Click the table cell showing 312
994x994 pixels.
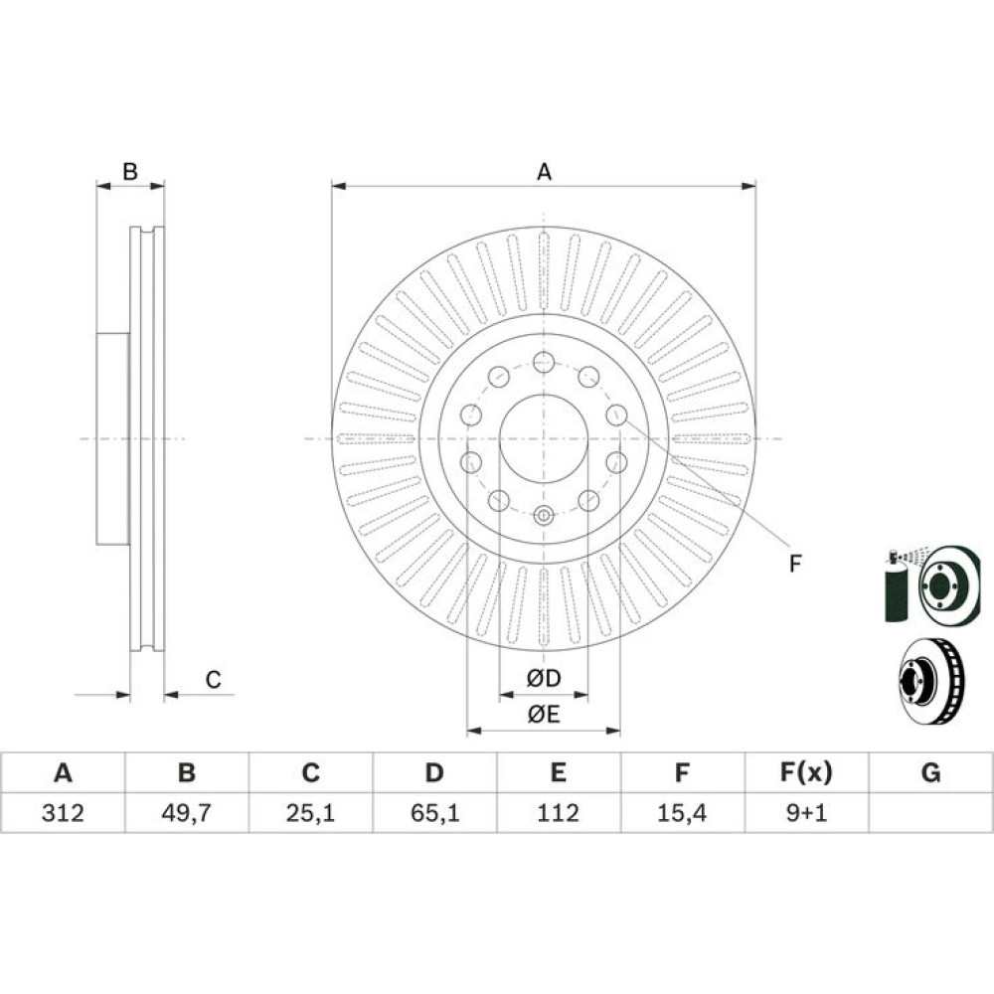pyautogui.click(x=63, y=813)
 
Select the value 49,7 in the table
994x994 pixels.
pyautogui.click(x=187, y=813)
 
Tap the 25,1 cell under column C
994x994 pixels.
pyautogui.click(x=310, y=813)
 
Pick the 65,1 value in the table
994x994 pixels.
pyautogui.click(x=435, y=813)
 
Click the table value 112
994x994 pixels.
pyautogui.click(x=559, y=813)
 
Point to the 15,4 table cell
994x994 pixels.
pyautogui.click(x=682, y=813)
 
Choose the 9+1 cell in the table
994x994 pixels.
pyautogui.click(x=806, y=813)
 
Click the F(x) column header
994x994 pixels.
pyautogui.click(x=806, y=772)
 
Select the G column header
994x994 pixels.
pyautogui.click(x=930, y=772)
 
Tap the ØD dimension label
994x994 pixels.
pyautogui.click(x=544, y=678)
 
